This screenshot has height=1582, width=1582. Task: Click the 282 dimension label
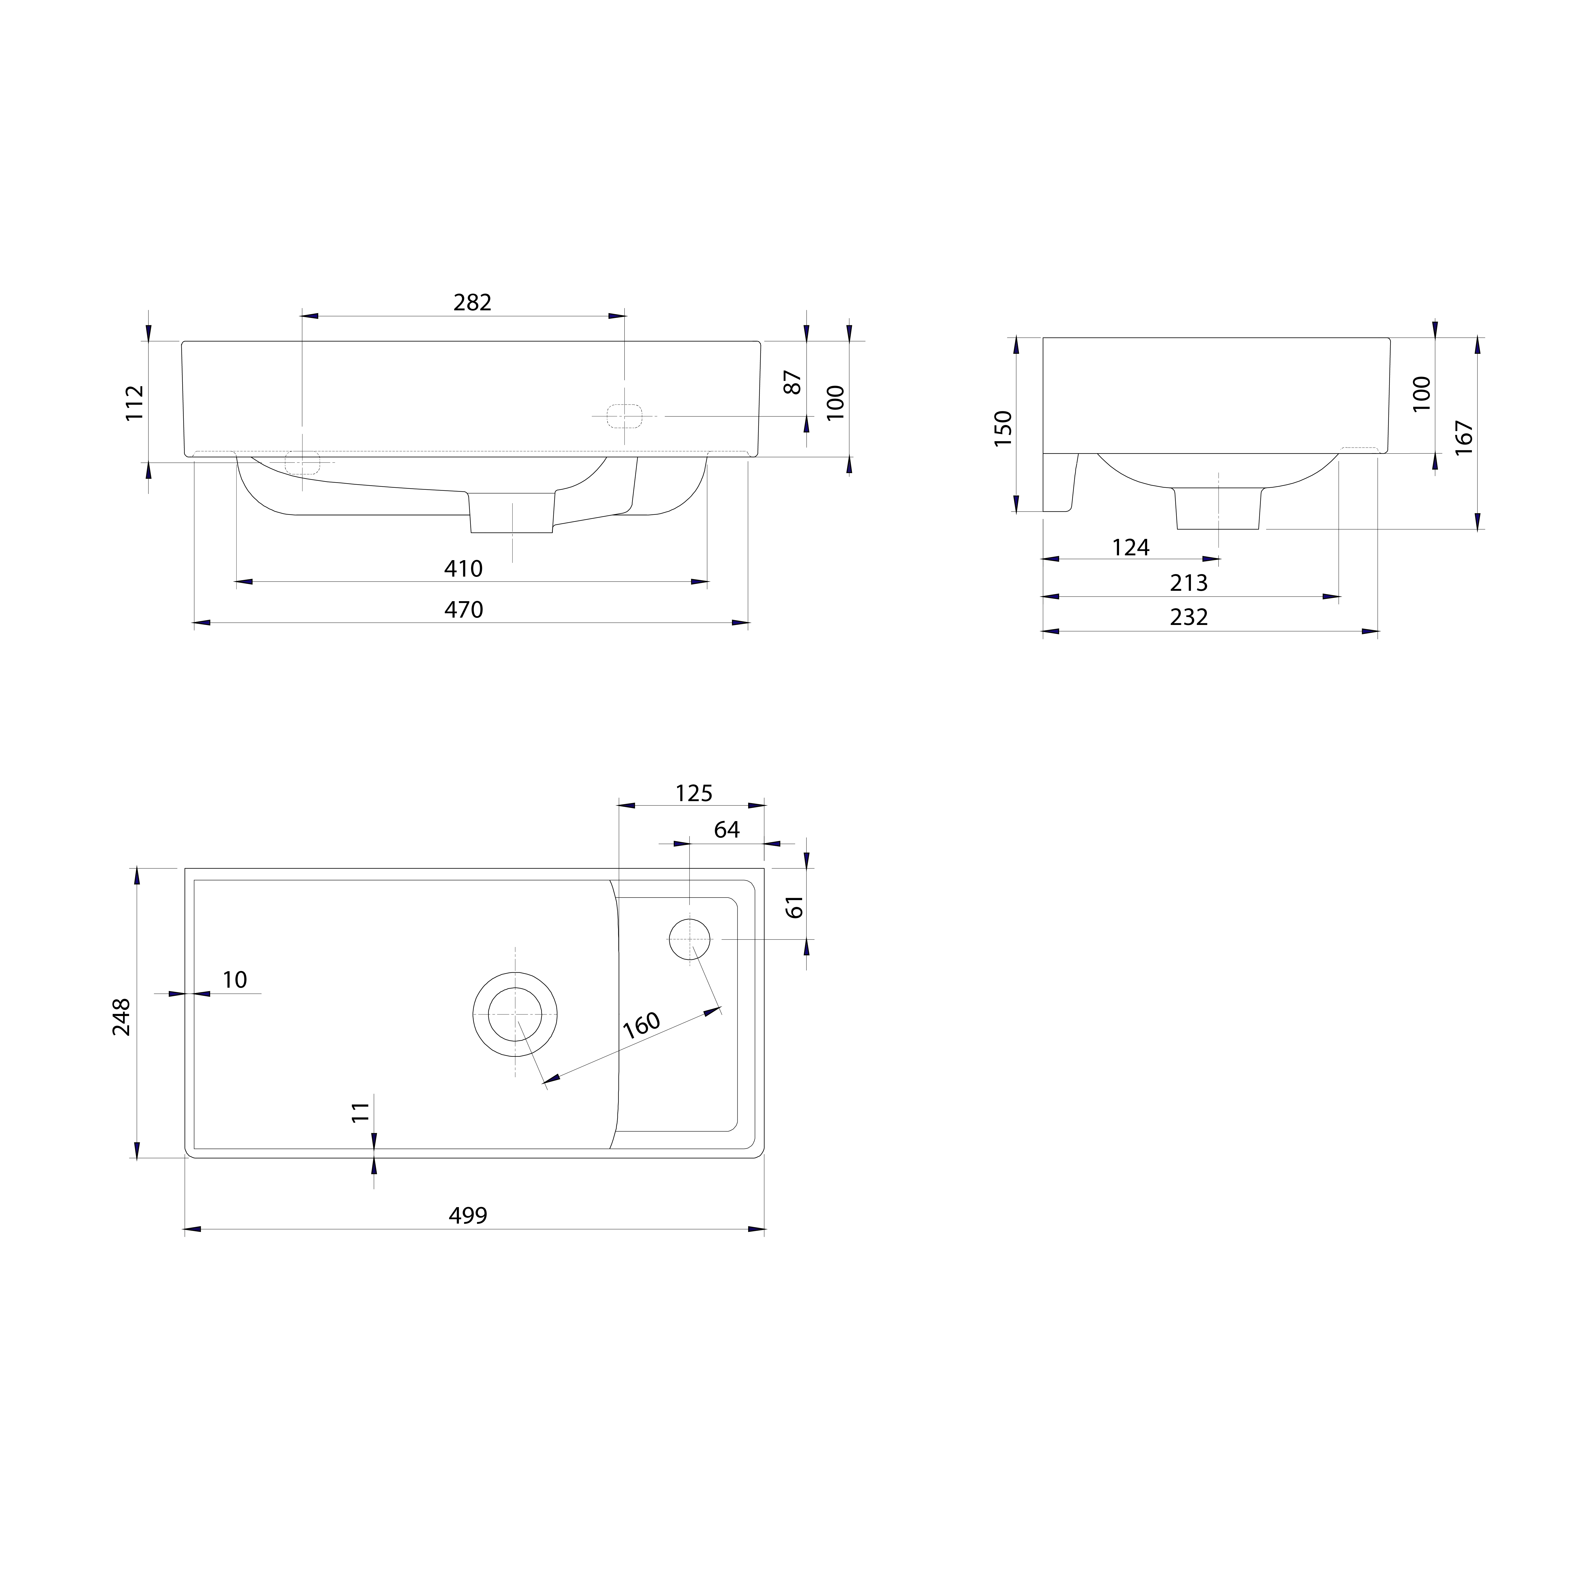(x=473, y=303)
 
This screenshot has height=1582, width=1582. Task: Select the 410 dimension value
(x=463, y=568)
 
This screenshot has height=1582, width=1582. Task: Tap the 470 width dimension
(x=463, y=610)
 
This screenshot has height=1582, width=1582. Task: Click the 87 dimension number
(x=793, y=382)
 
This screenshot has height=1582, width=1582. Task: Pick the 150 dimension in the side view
(x=1003, y=428)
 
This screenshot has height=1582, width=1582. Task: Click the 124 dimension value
(x=1131, y=547)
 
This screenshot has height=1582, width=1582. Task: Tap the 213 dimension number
(x=1189, y=583)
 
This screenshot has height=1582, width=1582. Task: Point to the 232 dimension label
(x=1189, y=617)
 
